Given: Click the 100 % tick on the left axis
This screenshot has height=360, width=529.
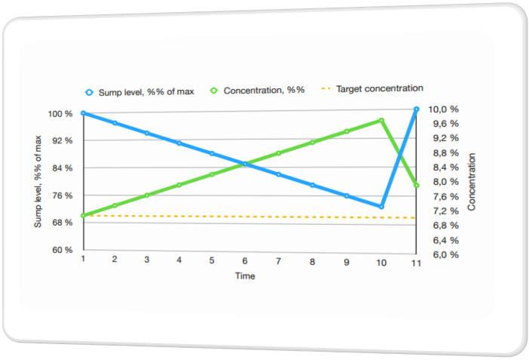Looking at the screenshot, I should [61, 114].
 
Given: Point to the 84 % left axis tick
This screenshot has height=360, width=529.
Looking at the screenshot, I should [63, 168].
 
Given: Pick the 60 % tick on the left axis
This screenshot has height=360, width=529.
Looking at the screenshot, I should [63, 250].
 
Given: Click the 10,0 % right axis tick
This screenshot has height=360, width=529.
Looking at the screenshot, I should [445, 109].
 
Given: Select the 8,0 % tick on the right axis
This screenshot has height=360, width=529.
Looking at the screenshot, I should [445, 182].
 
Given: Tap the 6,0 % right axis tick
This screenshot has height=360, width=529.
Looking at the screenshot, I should [445, 255].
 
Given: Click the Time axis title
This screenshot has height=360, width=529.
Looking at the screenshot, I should [245, 276].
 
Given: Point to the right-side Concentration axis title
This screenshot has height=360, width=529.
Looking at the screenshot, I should [472, 181].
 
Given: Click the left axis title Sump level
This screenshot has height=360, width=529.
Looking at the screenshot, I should [38, 182].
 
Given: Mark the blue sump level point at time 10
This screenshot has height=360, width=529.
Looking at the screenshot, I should [383, 206].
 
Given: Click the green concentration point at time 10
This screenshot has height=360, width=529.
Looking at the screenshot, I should [382, 120].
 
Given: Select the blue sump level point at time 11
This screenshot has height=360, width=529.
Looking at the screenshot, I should [417, 109].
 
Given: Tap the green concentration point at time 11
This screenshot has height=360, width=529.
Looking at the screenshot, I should [417, 186].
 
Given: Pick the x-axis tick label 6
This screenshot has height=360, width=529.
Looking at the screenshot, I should [245, 260].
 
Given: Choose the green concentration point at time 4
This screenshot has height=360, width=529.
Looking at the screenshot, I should [179, 185].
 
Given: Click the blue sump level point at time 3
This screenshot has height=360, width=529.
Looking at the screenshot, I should [146, 133].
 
